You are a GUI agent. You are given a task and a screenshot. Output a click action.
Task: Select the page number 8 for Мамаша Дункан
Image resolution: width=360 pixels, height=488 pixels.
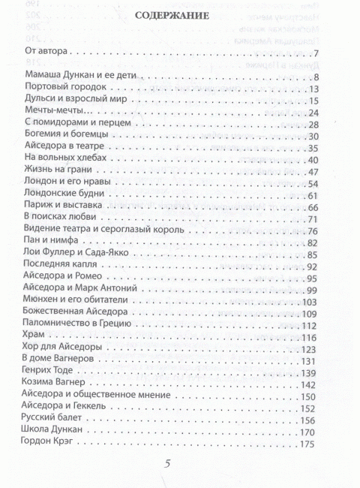pos(318,77)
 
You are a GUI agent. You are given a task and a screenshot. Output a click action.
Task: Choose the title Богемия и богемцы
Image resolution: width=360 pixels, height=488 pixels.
pos(62,136)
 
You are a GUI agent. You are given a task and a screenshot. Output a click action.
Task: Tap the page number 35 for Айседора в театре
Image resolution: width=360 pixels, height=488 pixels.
pos(315,148)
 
